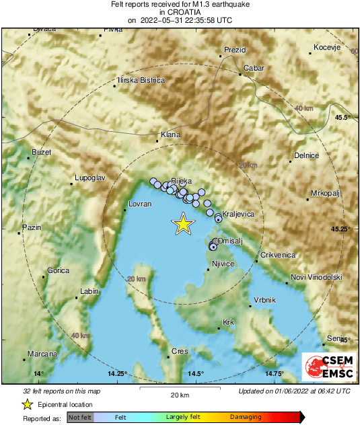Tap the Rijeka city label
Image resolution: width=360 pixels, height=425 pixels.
click(182, 182)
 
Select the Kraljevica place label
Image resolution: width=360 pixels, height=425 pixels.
click(238, 214)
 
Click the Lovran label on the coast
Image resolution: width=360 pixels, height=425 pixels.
click(140, 204)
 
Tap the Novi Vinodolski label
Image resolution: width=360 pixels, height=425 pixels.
click(316, 277)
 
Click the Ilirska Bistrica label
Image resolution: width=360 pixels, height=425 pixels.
click(141, 80)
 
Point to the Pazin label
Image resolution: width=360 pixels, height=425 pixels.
click(32, 228)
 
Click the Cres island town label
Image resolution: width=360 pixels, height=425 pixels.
click(180, 351)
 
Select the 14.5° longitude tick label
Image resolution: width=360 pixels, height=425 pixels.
click(196, 374)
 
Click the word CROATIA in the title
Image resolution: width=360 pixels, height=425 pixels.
click(180, 12)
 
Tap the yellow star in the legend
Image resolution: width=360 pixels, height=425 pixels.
click(27, 404)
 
